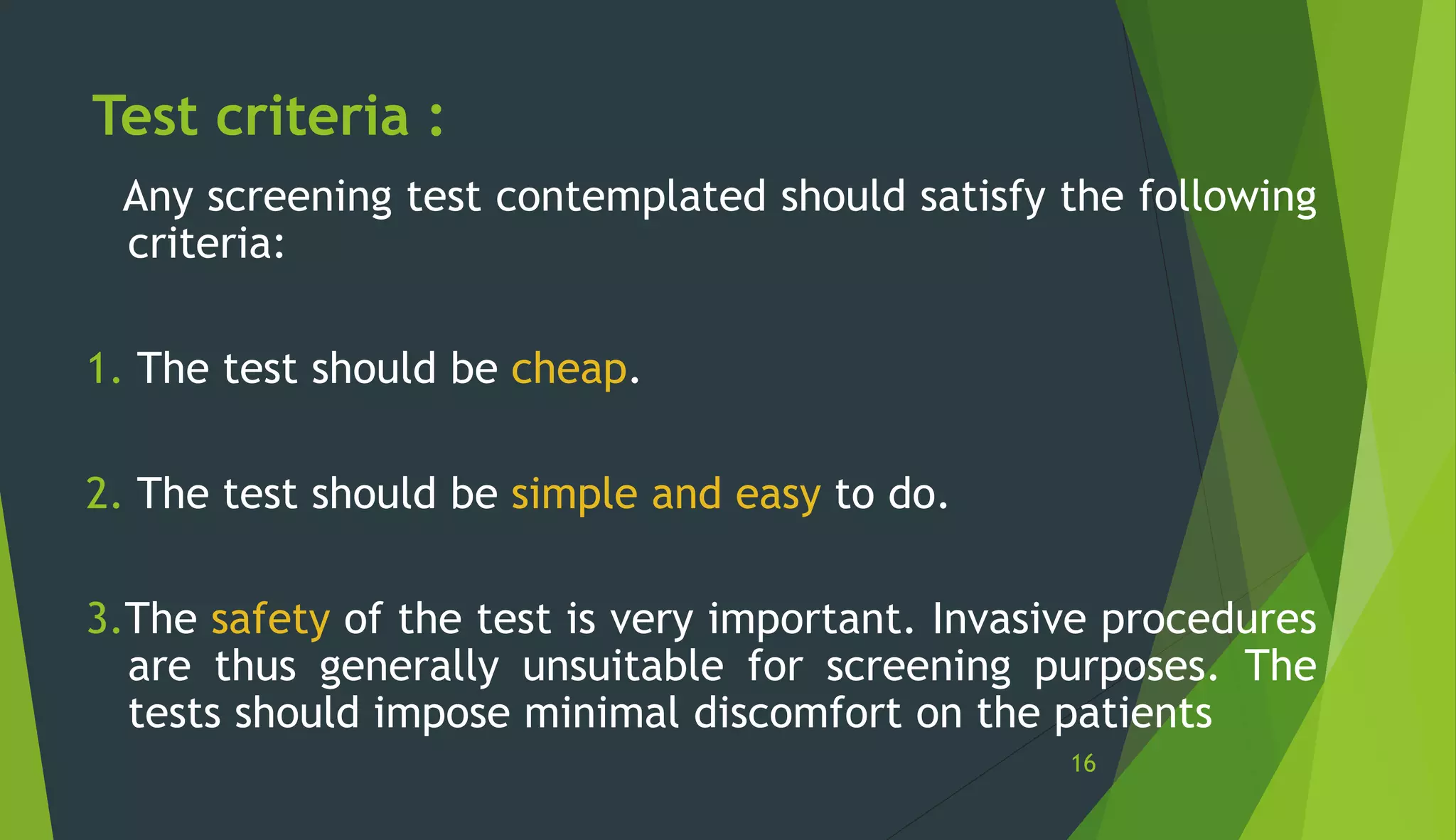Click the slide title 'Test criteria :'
tap(268, 116)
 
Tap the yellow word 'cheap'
tap(569, 369)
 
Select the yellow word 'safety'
tap(270, 619)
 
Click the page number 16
tap(1083, 763)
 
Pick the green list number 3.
tap(103, 619)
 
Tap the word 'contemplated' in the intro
tap(631, 197)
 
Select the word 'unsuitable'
tap(623, 667)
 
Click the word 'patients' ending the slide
tap(1133, 714)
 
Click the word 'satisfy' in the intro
tap(983, 197)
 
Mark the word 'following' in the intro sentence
tap(1227, 197)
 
